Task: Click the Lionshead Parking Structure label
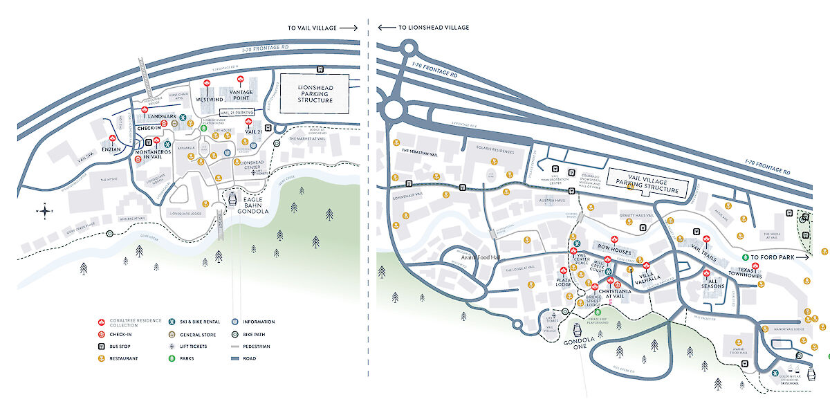click(x=315, y=94)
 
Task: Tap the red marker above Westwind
click(x=208, y=84)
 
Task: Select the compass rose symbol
click(x=45, y=212)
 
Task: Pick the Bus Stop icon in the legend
click(x=102, y=346)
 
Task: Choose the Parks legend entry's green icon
click(x=171, y=358)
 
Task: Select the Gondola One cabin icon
click(x=575, y=332)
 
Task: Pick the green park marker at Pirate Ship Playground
click(x=598, y=312)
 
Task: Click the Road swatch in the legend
click(x=235, y=358)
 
